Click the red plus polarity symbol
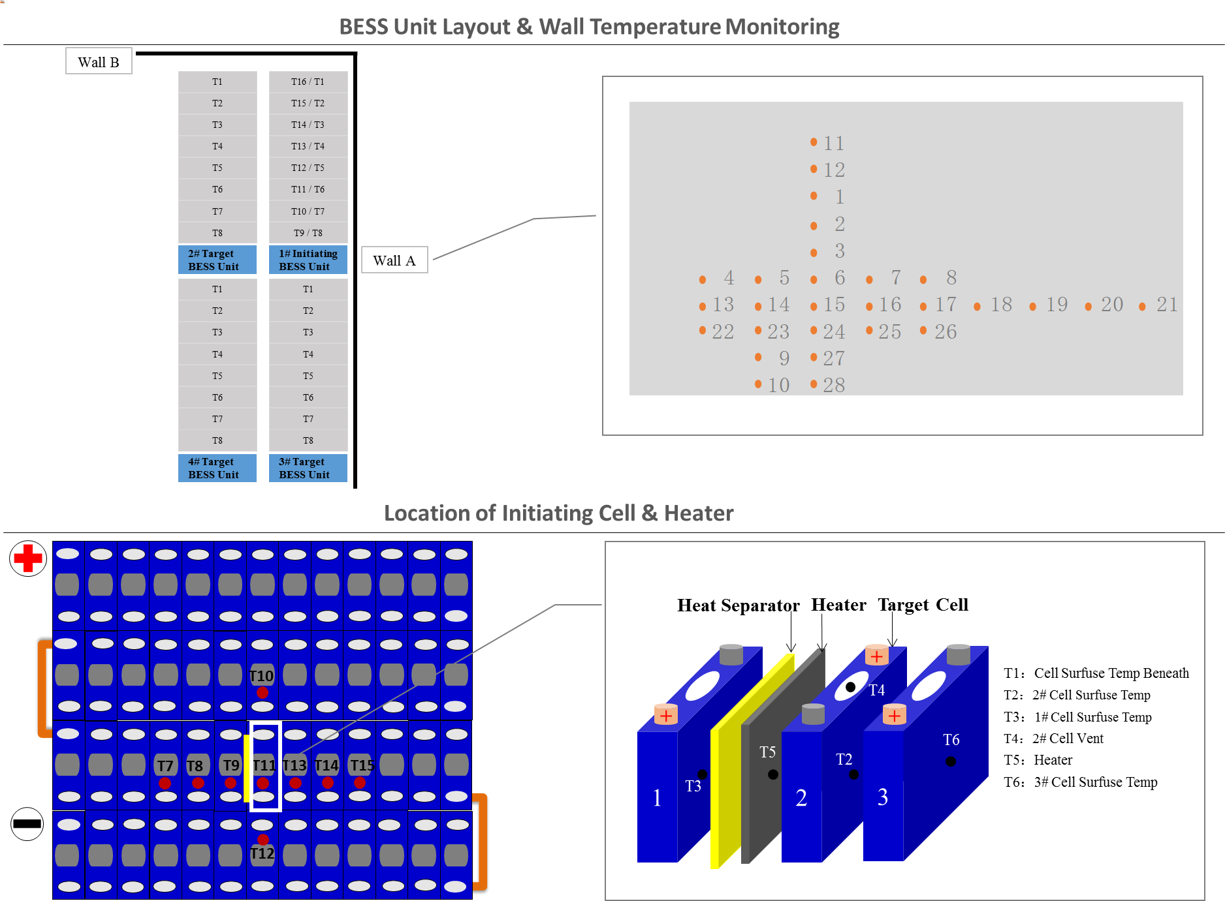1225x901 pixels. coord(28,558)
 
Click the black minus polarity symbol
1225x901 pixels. coord(27,823)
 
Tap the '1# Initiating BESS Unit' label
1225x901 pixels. coord(308,260)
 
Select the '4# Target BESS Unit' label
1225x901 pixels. coord(217,468)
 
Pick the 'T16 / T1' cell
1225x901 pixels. coord(308,82)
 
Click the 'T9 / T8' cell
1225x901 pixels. coord(308,233)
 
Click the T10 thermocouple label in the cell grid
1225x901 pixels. coord(262,676)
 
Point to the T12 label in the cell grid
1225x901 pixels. coord(262,853)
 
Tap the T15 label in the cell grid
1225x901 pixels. coord(362,765)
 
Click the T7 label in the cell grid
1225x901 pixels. coord(165,766)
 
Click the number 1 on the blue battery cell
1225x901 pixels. coord(658,797)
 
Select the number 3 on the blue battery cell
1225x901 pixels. coord(883,797)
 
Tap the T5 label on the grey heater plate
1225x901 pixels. coord(768,752)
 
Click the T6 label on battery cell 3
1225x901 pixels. coord(951,740)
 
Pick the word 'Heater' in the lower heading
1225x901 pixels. coord(699,513)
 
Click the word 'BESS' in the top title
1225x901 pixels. coord(364,27)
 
